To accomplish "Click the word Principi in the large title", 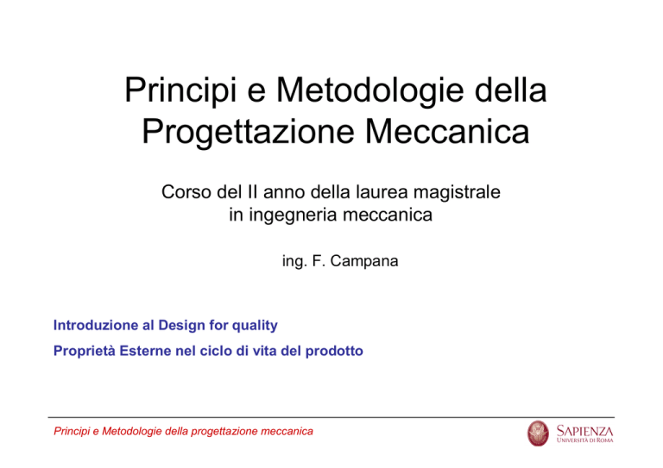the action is tap(180, 90).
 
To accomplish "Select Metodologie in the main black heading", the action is tap(370, 90).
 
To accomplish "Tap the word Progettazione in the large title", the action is tap(248, 132).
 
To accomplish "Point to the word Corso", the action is tap(186, 192).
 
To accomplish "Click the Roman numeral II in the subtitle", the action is tap(252, 192).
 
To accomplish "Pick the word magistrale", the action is tap(457, 192).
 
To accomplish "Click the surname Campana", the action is tap(364, 261).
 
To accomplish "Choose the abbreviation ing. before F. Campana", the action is tap(294, 262).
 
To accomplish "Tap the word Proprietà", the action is tap(84, 351).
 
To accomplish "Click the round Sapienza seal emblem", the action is tap(538, 434).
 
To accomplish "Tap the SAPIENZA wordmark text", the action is tap(584, 431).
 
